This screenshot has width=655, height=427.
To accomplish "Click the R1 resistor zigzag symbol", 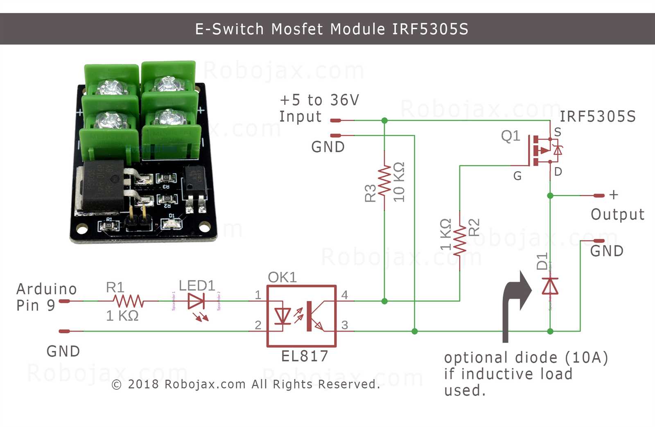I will pos(129,301).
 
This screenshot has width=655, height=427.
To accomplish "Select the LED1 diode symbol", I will pos(196,302).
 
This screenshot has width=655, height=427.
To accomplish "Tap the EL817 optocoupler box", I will pos(301,316).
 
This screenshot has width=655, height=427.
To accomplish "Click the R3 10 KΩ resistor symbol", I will pos(384,181).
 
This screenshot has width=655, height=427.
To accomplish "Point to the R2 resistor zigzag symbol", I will pos(460,240).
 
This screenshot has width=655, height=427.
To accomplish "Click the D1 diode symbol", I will pos(550,286).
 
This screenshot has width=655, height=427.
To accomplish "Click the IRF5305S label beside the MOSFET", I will pos(597,117).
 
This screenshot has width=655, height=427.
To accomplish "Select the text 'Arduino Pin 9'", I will pos(46,297).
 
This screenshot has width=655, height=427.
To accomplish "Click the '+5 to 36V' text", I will pos(319,100).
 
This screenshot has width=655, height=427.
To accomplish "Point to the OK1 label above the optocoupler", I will pos(282,277).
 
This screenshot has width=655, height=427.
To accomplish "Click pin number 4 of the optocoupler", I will pos(345,295).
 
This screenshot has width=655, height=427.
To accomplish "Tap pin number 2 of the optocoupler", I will pos(258,325).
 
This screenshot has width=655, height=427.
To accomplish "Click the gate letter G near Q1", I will pos(517,176).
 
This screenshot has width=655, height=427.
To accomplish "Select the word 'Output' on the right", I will pos(617,215).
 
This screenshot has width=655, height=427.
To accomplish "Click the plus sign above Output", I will pos(613,195).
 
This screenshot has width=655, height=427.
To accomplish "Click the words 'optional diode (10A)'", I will pos(526,358).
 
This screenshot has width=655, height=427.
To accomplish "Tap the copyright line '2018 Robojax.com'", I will pos(246,384).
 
